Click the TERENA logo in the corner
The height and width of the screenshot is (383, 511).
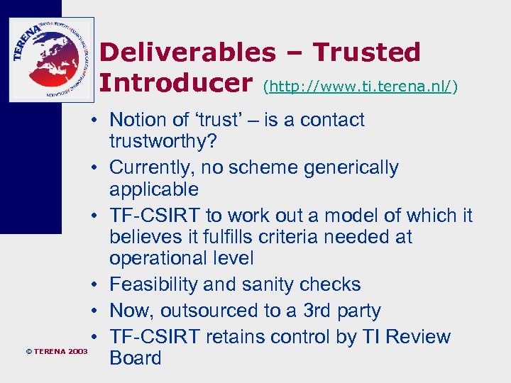[51, 60]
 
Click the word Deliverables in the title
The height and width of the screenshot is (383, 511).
[187, 52]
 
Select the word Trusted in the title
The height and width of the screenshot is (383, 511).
[367, 52]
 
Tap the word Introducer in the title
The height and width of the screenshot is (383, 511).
[177, 83]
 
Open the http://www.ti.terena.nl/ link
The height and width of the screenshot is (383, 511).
[361, 87]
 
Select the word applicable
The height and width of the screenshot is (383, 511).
[154, 189]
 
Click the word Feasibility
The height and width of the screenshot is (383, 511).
[153, 284]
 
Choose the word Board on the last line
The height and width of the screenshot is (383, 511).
[136, 357]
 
